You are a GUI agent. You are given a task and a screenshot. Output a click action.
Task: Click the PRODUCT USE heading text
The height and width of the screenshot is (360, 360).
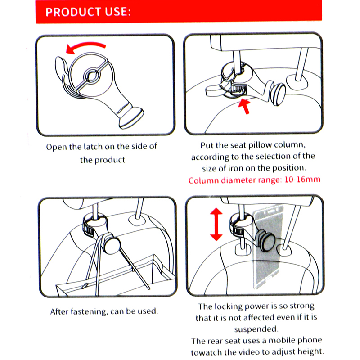pos(88,12)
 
